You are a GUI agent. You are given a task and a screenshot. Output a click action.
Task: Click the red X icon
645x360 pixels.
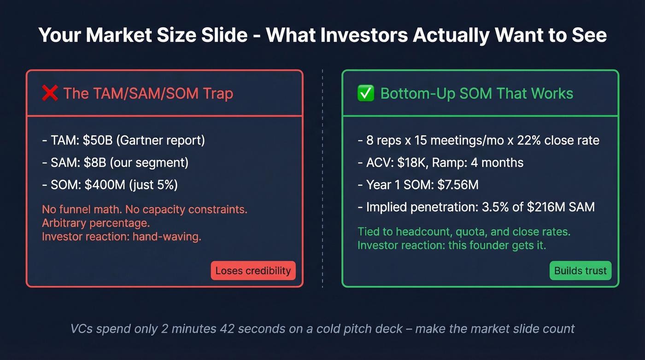(50, 94)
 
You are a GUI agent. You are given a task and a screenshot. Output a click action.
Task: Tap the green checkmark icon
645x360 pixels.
(365, 94)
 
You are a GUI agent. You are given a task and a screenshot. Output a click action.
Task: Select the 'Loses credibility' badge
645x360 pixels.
(253, 271)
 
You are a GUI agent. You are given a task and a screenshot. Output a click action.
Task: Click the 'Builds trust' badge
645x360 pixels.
(580, 271)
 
